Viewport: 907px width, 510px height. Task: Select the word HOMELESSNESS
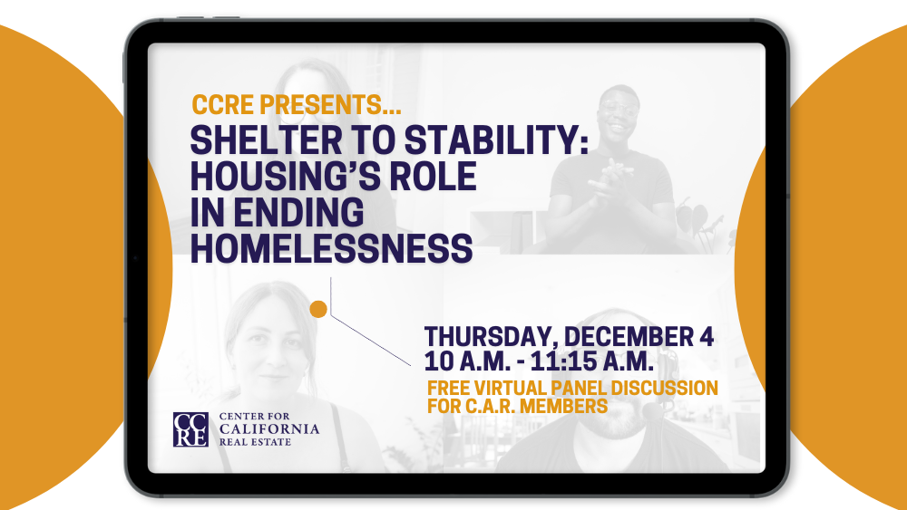(x=331, y=247)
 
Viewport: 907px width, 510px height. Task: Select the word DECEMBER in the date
(x=633, y=336)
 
